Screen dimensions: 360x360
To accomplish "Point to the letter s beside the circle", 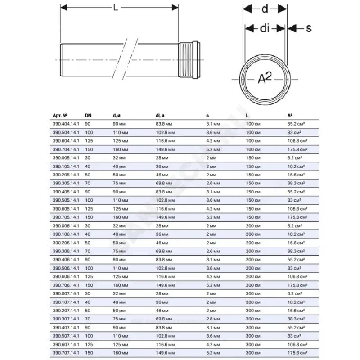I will point(309,28).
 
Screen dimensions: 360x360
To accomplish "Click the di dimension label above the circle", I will point(265,28).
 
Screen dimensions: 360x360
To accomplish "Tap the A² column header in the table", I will point(289,116).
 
